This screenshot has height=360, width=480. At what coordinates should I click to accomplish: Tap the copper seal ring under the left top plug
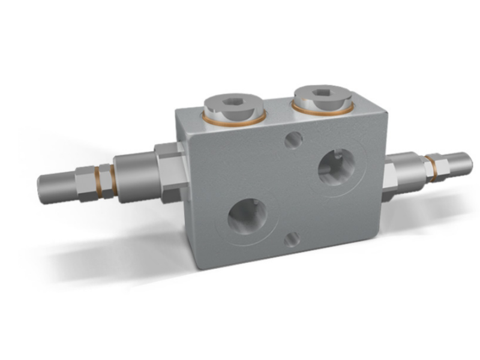click(x=235, y=121)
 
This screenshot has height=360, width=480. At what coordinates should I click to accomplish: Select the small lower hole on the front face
click(x=293, y=238)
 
